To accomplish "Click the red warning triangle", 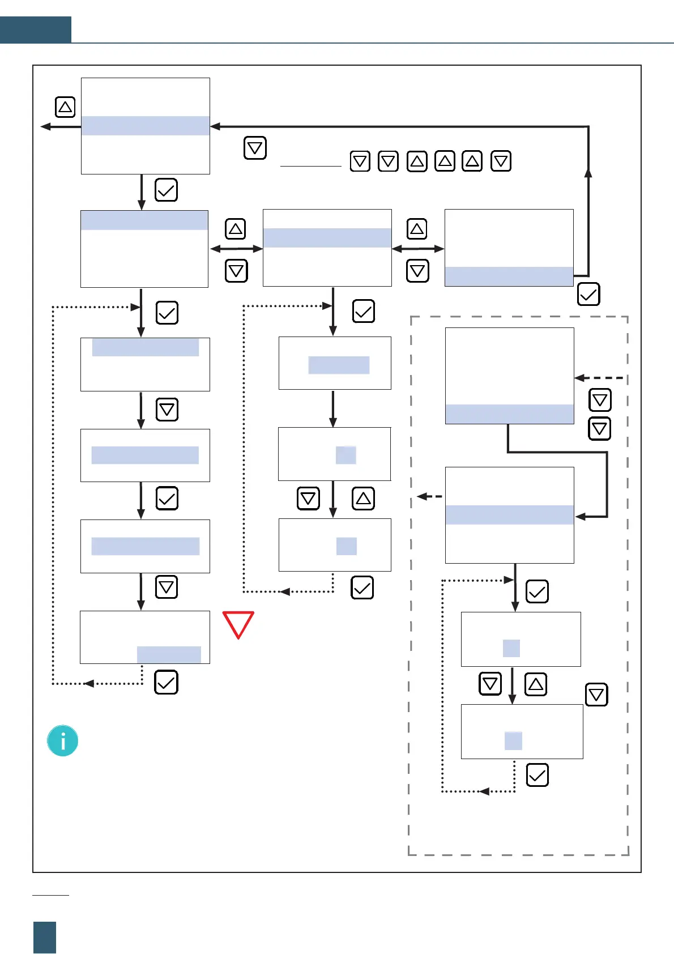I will (238, 623).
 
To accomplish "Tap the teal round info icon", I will (62, 741).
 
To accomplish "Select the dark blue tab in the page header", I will (35, 29).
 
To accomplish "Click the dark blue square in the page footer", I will (45, 937).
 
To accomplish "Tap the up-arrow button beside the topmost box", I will (65, 107).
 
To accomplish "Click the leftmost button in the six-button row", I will (360, 161).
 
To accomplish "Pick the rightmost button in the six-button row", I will (501, 161).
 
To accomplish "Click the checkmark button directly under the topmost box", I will (166, 190).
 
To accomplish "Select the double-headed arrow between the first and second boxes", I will (236, 249).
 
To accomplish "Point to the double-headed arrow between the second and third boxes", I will (418, 249).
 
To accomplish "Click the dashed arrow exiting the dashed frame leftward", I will (429, 496).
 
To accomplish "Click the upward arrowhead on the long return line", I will (588, 173).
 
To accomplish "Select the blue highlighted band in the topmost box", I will (146, 126).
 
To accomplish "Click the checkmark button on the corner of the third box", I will (588, 295).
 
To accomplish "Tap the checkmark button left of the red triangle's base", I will (166, 683).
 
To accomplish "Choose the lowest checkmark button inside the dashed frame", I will (537, 775).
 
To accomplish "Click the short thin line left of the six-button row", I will (310, 167).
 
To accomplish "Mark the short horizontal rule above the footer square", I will (50, 896).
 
